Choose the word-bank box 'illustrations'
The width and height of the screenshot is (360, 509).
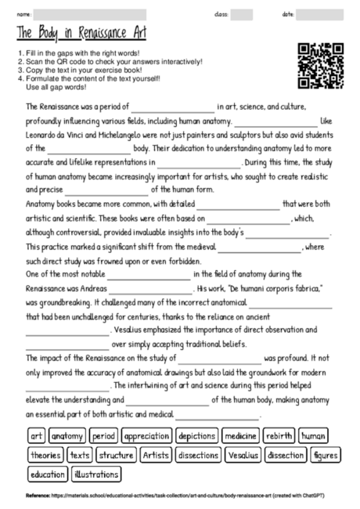pos(97,474)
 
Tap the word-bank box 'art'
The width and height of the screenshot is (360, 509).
pos(36,436)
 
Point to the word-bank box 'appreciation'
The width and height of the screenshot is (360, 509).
pos(147,436)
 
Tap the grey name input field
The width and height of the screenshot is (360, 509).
pos(89,14)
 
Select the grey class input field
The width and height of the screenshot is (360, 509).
pos(241,14)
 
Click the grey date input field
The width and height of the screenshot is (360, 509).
pos(320,14)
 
